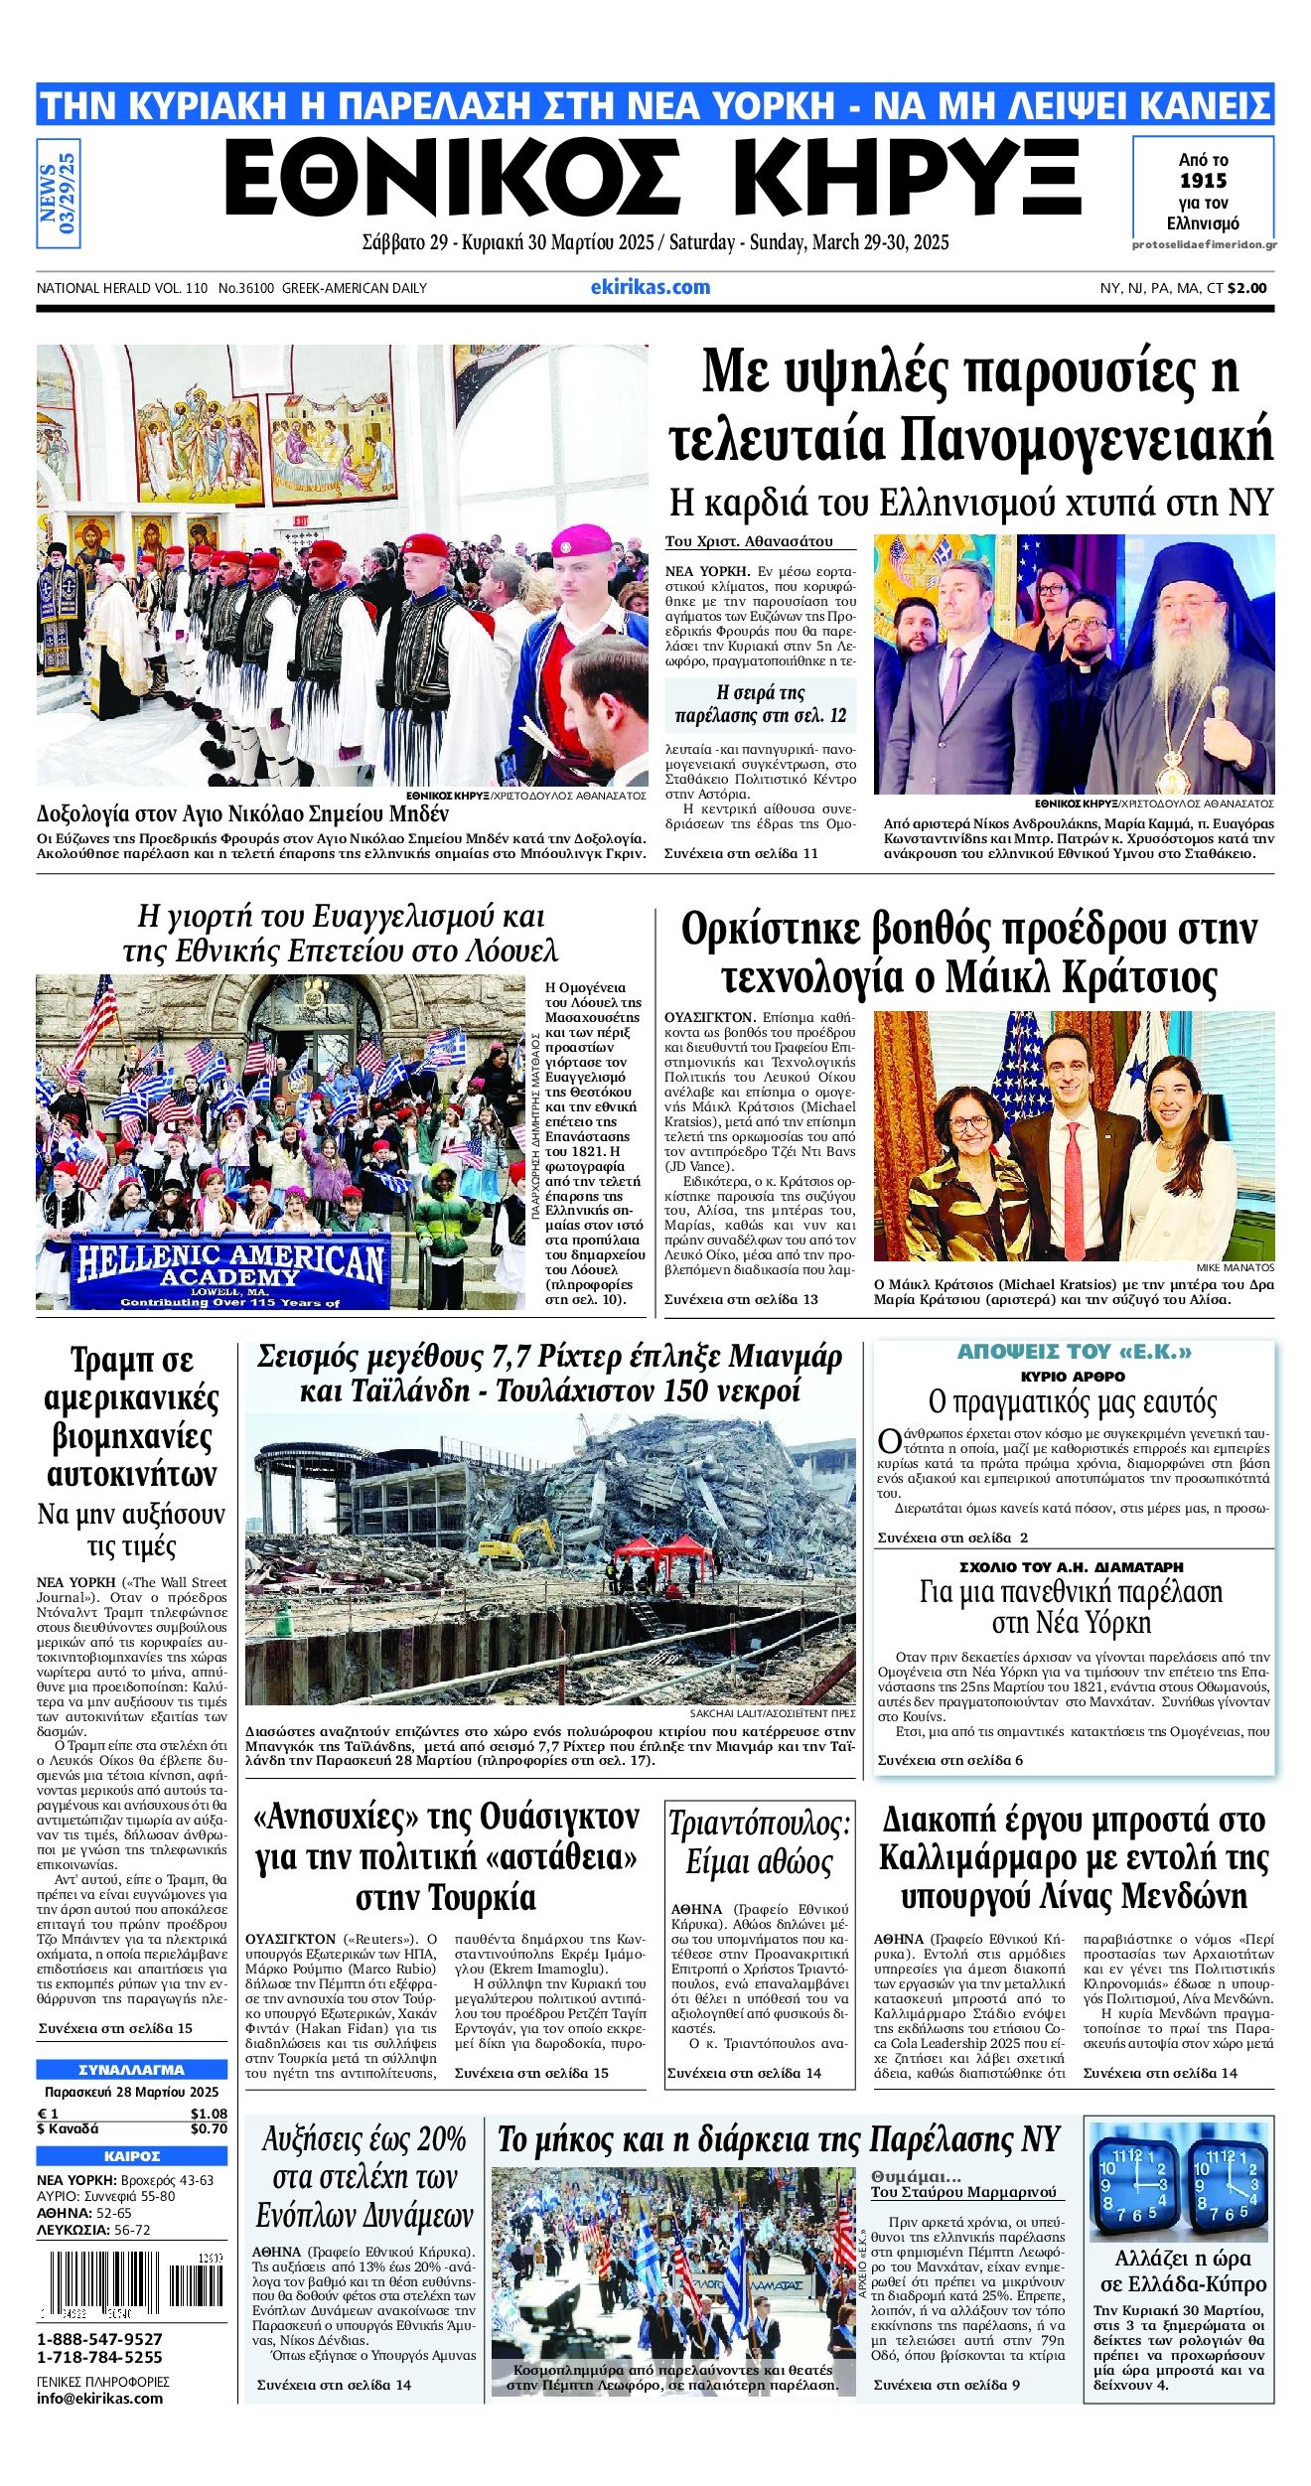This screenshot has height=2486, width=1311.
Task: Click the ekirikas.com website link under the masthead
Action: click(x=651, y=287)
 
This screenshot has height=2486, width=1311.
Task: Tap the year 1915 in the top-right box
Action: click(x=1203, y=181)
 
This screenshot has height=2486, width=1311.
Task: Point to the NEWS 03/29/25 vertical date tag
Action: click(x=58, y=193)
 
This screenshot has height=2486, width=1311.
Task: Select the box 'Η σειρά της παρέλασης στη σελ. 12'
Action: click(x=760, y=704)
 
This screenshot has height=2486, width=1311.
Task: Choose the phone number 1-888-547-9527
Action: click(x=99, y=2339)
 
